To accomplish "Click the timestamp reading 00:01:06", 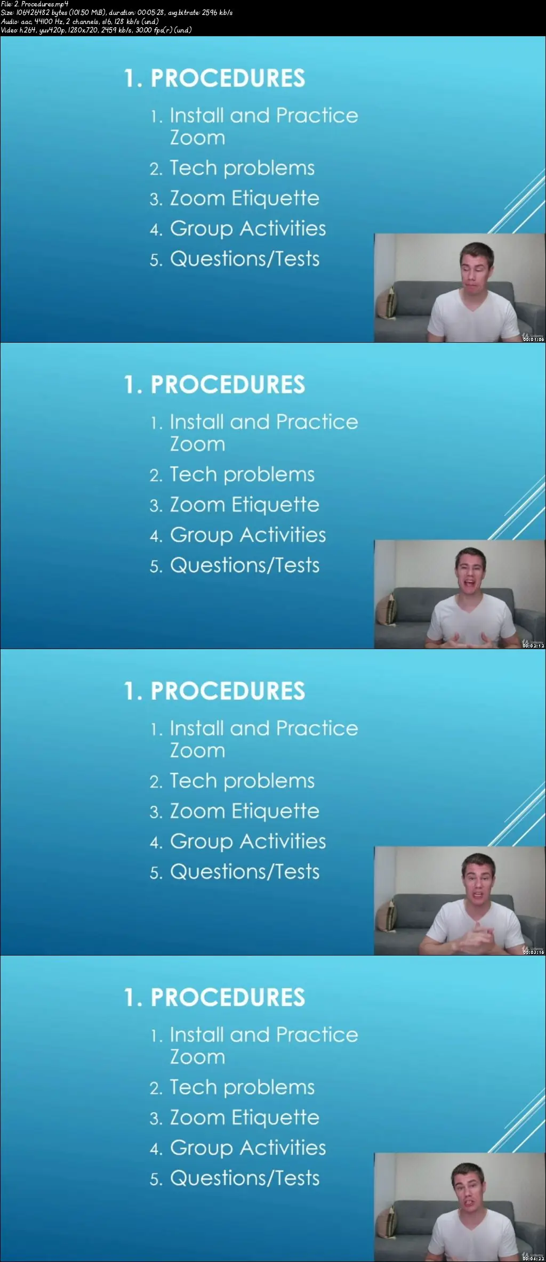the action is (533, 339).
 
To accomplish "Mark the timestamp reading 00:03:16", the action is (533, 952).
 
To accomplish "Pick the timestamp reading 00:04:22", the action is (533, 1259).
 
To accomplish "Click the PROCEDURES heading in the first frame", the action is (228, 78).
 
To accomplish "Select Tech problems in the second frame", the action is (242, 475).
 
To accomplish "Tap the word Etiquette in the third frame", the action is (275, 811).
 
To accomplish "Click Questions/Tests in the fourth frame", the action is (245, 1178).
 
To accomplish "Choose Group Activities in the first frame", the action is (248, 229).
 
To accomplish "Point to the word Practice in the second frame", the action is (317, 422).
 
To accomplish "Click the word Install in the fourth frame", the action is (197, 1035).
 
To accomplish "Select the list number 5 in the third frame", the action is (155, 873).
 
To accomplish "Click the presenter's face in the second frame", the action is (470, 573).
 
